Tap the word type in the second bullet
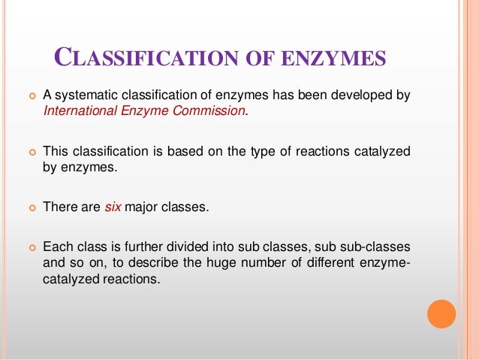point(249,151)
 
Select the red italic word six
point(113,207)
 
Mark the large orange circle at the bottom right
point(441,313)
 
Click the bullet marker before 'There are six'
point(31,207)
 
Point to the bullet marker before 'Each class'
point(31,247)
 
